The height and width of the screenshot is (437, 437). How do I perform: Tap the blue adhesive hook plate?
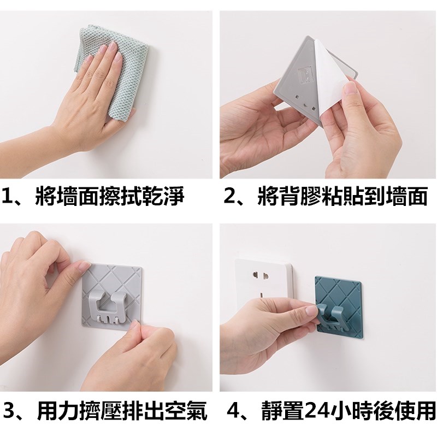coord(338,306)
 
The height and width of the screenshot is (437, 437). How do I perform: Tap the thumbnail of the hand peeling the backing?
coord(328,95)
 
